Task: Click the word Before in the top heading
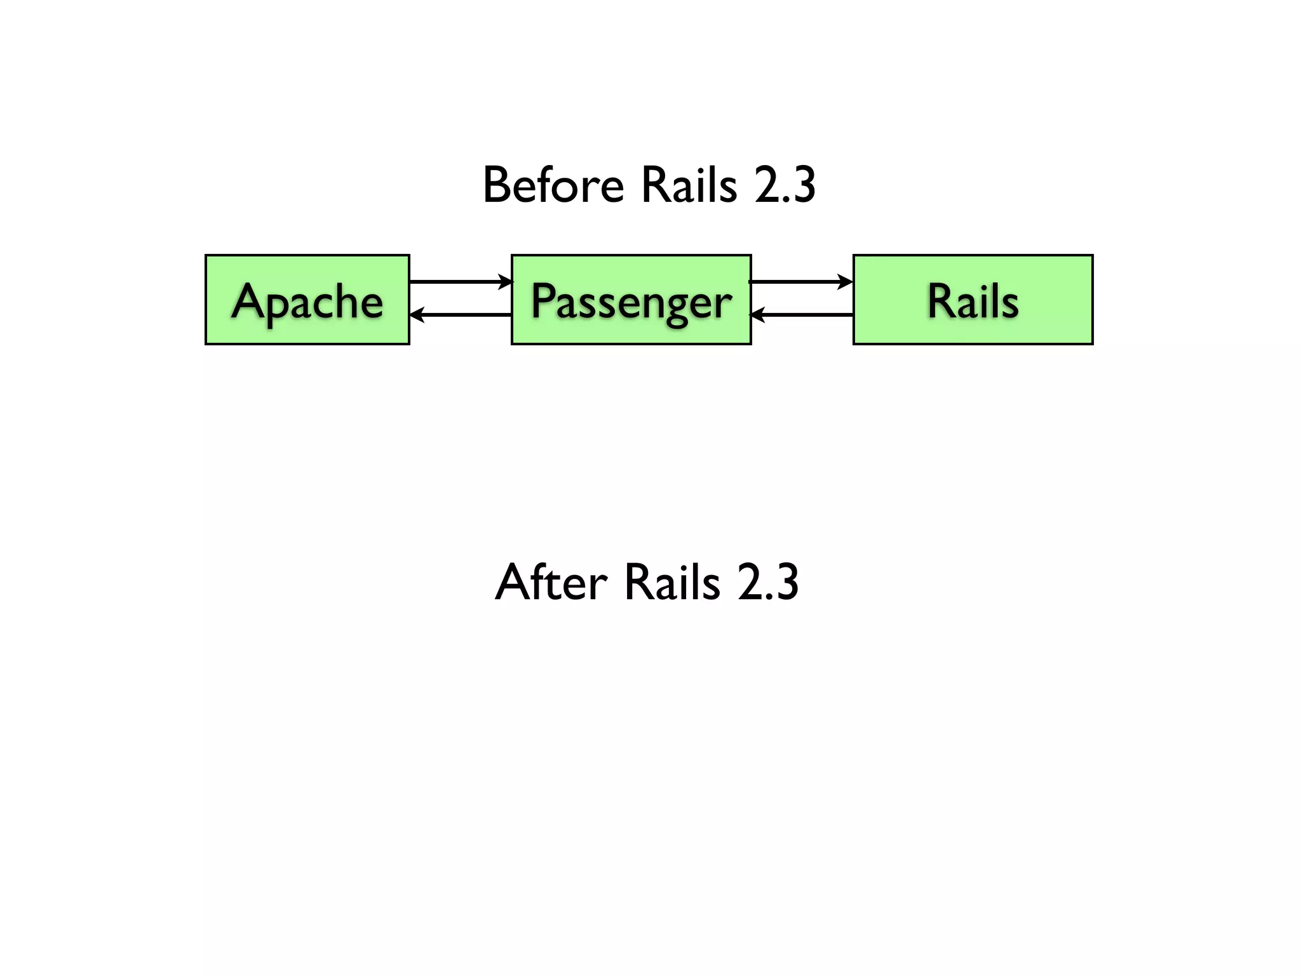pyautogui.click(x=553, y=185)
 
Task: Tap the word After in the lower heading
pyautogui.click(x=551, y=582)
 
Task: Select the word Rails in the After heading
pyautogui.click(x=672, y=582)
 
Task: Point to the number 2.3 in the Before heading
pyautogui.click(x=785, y=185)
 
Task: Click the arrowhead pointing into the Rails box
pyautogui.click(x=846, y=281)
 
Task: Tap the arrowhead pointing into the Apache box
pyautogui.click(x=417, y=314)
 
